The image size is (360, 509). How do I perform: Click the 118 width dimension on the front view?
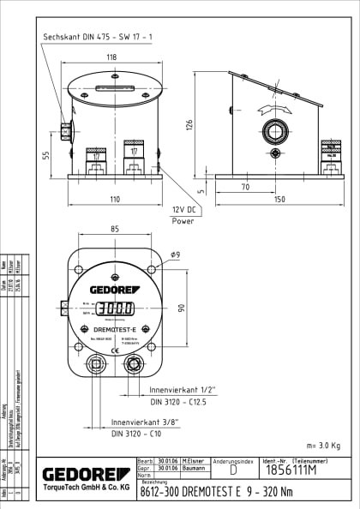(x=111, y=58)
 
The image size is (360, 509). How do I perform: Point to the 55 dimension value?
(x=46, y=154)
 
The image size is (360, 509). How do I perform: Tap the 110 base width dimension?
(x=114, y=198)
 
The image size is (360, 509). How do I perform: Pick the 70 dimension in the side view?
(x=245, y=186)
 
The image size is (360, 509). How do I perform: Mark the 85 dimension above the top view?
(x=113, y=229)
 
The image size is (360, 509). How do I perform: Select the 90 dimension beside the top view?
(x=181, y=308)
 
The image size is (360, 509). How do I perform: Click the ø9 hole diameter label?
(x=175, y=254)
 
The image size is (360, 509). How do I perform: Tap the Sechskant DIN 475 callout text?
(x=98, y=36)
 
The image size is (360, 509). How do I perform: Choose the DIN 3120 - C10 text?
(x=137, y=434)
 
